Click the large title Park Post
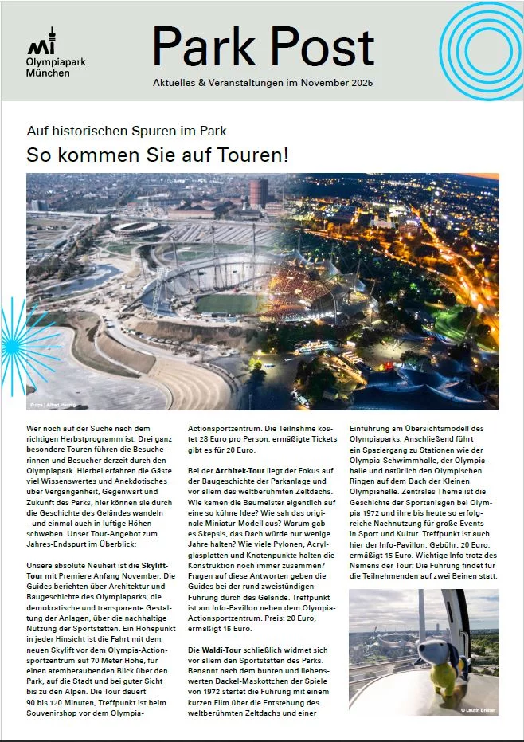pyautogui.click(x=263, y=45)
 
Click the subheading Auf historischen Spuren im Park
pyautogui.click(x=127, y=130)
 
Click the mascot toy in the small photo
pyautogui.click(x=436, y=662)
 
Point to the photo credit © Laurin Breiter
pyautogui.click(x=477, y=709)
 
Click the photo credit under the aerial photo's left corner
pyautogui.click(x=48, y=405)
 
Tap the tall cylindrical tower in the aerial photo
pyautogui.click(x=258, y=192)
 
